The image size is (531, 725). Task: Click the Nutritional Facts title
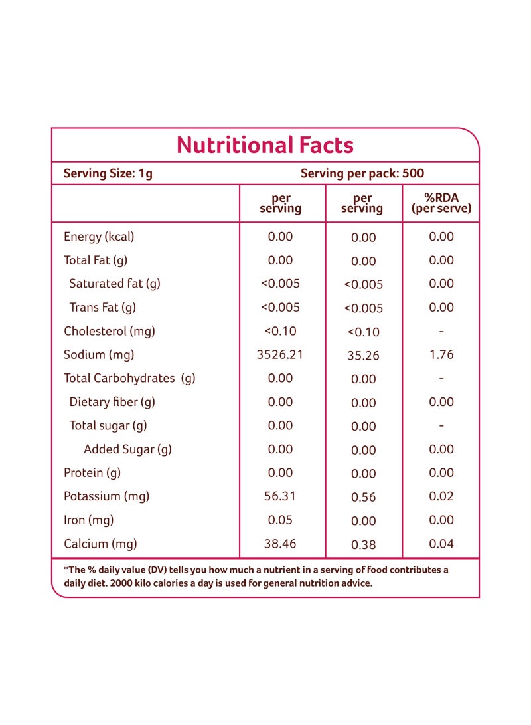tap(265, 145)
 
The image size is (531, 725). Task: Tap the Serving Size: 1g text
tap(108, 174)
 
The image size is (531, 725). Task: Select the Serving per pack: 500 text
tap(362, 173)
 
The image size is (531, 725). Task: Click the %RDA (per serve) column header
tap(441, 203)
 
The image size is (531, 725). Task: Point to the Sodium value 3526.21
tap(280, 355)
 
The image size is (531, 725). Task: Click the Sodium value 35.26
tap(363, 356)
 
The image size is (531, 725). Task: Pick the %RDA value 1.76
tap(441, 355)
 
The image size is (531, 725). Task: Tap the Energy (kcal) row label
tap(99, 237)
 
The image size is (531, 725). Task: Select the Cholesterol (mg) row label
tap(110, 332)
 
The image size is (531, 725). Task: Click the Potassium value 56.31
tap(280, 496)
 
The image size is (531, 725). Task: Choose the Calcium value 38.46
tap(280, 544)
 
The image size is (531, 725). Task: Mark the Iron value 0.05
tap(280, 520)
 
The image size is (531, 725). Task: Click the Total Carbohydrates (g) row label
tap(129, 379)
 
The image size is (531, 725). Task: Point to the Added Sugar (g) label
tap(127, 449)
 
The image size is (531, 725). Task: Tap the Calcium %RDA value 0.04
tap(441, 544)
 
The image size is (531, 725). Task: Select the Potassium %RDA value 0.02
tap(441, 496)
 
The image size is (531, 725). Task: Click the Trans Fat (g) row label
tap(102, 308)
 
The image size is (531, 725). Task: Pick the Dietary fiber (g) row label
tap(112, 402)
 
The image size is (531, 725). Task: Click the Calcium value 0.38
tap(363, 545)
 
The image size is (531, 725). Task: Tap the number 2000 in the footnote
tap(121, 583)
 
